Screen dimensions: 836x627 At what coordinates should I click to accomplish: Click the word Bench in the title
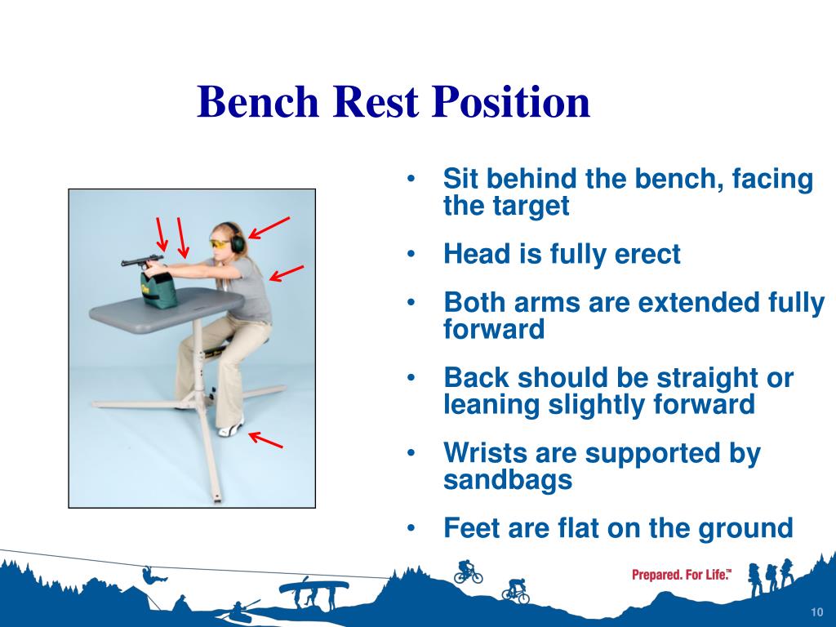click(258, 101)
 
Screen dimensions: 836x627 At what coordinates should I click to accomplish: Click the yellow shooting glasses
click(220, 244)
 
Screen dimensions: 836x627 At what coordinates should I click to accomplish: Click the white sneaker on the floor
click(231, 427)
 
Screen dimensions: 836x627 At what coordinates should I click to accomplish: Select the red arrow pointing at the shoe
click(265, 440)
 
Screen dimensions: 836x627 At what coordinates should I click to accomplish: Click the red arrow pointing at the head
click(269, 228)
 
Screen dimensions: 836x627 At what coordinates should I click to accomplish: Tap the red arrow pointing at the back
click(287, 273)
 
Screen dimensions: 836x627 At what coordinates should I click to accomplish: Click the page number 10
click(816, 612)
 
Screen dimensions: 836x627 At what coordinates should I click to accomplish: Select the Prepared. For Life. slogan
click(682, 575)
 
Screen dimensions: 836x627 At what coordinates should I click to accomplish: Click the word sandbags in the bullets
click(508, 479)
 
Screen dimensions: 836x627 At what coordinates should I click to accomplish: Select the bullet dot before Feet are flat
click(411, 528)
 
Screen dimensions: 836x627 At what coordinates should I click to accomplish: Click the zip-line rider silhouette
click(153, 575)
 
